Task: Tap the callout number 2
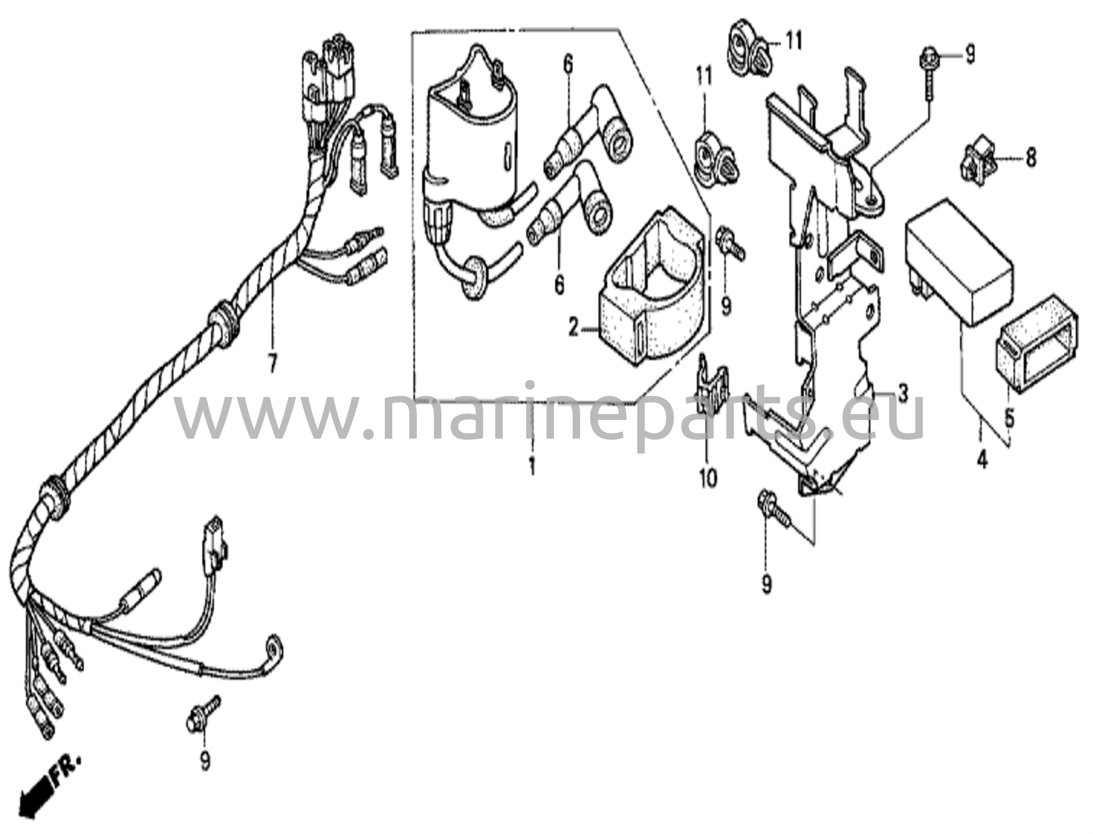(x=573, y=328)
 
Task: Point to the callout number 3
(x=902, y=394)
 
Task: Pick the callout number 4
(x=983, y=460)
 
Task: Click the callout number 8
(x=1031, y=157)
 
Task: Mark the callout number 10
(x=708, y=478)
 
